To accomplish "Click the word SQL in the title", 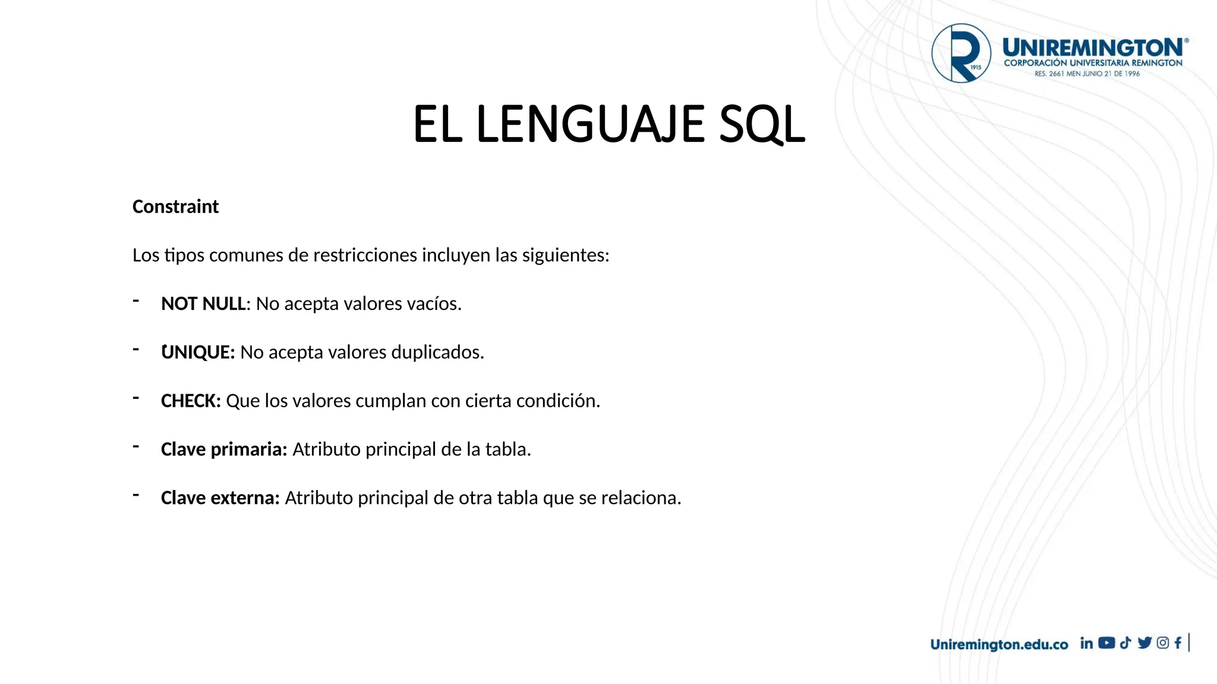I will (762, 125).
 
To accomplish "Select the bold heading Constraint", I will (175, 207).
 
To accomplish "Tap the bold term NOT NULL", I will (203, 303).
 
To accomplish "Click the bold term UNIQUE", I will (197, 352).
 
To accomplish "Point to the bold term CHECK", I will (190, 401).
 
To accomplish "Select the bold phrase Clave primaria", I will (224, 449).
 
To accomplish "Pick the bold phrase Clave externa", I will (220, 498).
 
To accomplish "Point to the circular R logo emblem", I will (961, 53).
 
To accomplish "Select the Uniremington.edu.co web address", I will (999, 644).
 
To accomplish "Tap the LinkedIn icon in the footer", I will (1086, 643).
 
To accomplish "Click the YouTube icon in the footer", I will (1106, 643).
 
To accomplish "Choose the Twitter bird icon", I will (1145, 643).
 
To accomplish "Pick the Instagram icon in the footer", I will (1163, 643).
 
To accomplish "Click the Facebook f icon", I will (1178, 643).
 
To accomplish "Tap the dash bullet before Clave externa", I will (136, 495).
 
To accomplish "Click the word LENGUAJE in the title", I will (590, 125).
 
